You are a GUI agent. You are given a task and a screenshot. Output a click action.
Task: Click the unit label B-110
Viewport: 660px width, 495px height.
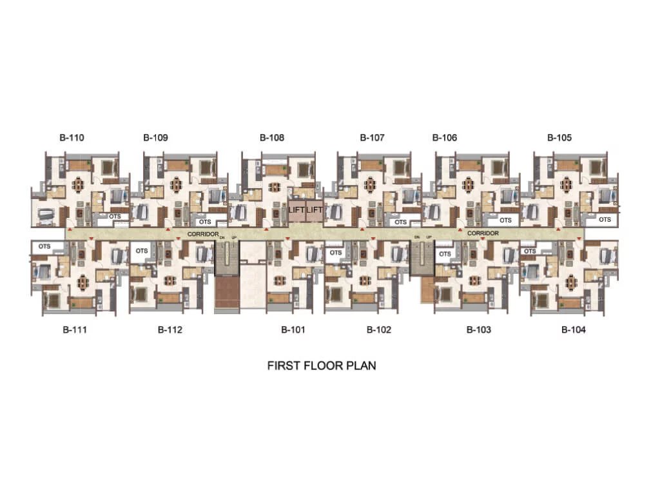tap(72, 137)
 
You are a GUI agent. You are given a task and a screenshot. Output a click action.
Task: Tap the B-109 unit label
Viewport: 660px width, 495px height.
tap(155, 137)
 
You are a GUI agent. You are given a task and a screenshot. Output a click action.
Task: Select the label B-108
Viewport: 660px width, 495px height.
tap(272, 137)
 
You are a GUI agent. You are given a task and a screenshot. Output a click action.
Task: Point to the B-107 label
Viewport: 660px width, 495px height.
tap(372, 137)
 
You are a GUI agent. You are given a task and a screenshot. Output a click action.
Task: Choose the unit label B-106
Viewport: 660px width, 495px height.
tap(445, 137)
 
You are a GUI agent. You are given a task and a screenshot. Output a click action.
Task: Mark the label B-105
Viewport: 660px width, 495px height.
tap(559, 137)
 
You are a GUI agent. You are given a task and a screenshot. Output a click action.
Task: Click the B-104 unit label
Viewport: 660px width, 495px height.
tap(574, 330)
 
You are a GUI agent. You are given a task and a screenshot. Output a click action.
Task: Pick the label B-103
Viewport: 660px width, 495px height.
tap(479, 330)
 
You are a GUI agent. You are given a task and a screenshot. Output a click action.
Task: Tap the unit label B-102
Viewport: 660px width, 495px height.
tap(379, 330)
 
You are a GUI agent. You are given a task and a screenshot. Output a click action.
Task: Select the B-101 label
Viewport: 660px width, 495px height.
tap(293, 330)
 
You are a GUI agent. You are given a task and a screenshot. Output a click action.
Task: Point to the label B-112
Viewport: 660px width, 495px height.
tap(170, 330)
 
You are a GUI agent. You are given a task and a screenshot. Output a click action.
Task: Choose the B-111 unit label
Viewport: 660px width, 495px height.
tap(75, 330)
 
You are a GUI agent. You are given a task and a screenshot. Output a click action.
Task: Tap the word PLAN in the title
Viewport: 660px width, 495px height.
tap(361, 365)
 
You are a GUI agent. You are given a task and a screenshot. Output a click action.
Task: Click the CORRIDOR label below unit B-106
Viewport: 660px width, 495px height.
tap(483, 233)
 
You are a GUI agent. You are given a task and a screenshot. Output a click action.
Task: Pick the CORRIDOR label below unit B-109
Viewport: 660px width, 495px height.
tap(202, 233)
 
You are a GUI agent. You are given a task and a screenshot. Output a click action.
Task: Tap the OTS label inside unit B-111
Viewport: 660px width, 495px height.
tap(44, 246)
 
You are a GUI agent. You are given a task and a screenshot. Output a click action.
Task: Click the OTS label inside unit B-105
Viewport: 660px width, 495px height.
tap(604, 220)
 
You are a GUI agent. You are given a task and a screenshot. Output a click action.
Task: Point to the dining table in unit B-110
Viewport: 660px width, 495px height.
tap(79, 185)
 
